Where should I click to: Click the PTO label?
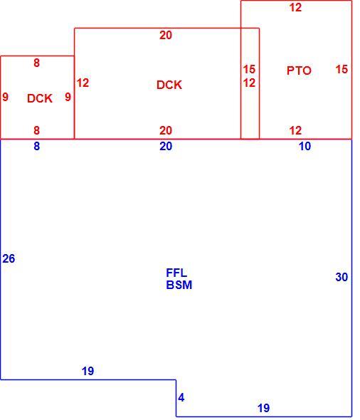tap(299, 70)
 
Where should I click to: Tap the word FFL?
tap(176, 273)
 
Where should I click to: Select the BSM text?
tap(179, 285)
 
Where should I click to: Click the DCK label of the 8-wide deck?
tap(40, 98)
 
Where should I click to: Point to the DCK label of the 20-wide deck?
tap(169, 85)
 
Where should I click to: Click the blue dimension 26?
tap(9, 258)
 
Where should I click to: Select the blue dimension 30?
tap(342, 277)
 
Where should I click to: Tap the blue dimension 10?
tap(305, 146)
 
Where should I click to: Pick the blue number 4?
tap(181, 397)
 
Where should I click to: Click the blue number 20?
tap(166, 146)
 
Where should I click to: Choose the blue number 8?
tap(37, 146)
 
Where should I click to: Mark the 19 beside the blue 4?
tap(264, 408)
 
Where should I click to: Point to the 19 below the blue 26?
tap(88, 372)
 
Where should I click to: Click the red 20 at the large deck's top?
tap(166, 36)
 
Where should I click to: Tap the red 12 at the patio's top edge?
tap(295, 8)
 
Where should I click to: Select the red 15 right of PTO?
tap(342, 69)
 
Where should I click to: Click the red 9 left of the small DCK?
tap(6, 97)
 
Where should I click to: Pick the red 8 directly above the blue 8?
tap(37, 131)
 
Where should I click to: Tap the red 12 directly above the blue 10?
tap(295, 131)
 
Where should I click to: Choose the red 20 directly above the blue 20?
tap(166, 131)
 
